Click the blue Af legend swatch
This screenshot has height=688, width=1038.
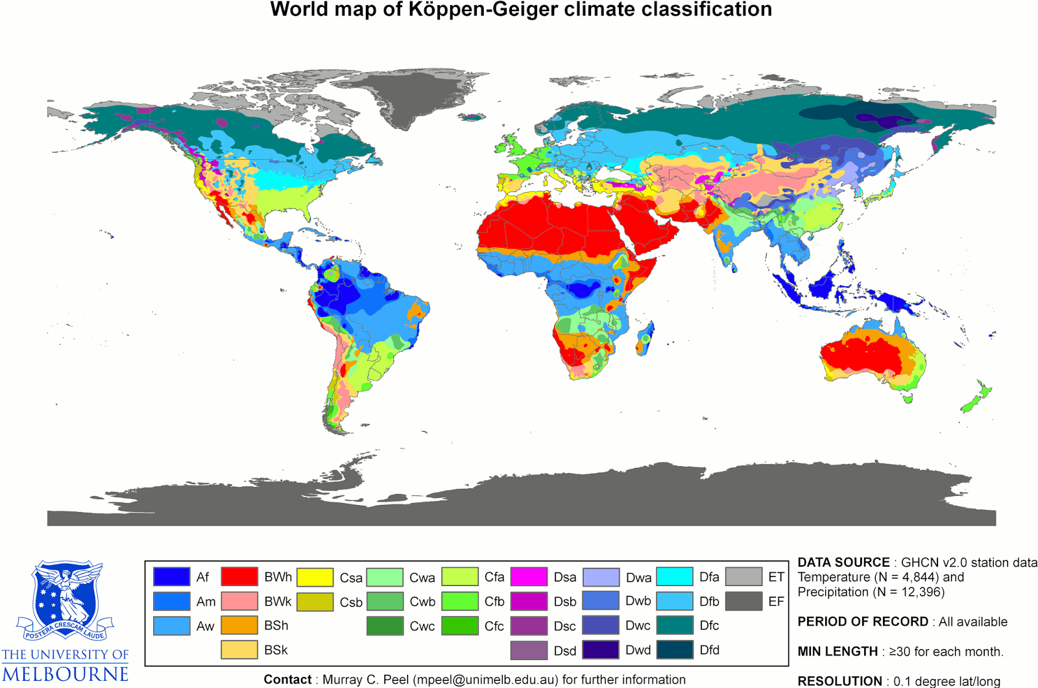tap(171, 576)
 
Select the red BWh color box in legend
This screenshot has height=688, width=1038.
tap(239, 576)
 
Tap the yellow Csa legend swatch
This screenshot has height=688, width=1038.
tap(315, 576)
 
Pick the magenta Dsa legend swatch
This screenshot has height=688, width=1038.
tap(529, 576)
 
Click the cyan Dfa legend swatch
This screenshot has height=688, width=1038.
tap(675, 576)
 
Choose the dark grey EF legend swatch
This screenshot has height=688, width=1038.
tap(743, 601)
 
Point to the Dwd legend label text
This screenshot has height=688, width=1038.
tap(638, 650)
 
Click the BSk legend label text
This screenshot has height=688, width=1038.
tap(276, 650)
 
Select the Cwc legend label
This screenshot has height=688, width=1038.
tap(422, 626)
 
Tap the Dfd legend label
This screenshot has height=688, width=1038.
tap(709, 650)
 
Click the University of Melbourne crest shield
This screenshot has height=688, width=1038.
tap(65, 594)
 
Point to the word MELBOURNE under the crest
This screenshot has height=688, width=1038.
tap(65, 674)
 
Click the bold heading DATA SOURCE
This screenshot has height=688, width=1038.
tap(843, 563)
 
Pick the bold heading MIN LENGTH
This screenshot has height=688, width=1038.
tap(838, 651)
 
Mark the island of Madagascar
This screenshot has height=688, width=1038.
tap(646, 339)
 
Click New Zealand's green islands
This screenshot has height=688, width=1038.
tap(976, 398)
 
